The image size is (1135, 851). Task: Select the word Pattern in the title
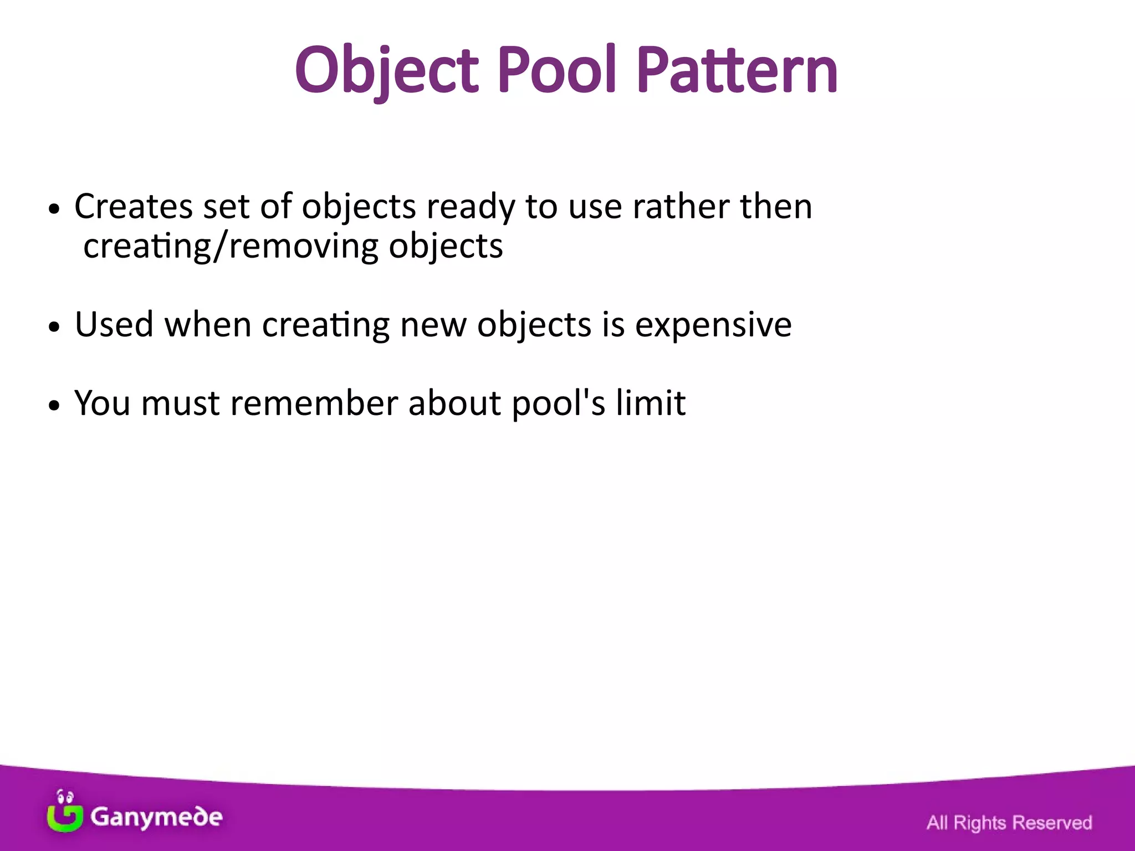tap(737, 71)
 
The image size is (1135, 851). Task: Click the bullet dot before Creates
tap(53, 210)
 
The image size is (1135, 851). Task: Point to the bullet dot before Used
tap(53, 327)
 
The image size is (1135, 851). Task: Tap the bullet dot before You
tap(53, 406)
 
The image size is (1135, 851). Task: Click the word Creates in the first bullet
tap(134, 207)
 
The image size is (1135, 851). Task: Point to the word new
tap(433, 325)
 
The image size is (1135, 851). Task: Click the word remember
tap(314, 403)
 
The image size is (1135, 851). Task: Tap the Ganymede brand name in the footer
tap(156, 817)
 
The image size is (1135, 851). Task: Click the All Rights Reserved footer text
tap(1009, 823)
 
